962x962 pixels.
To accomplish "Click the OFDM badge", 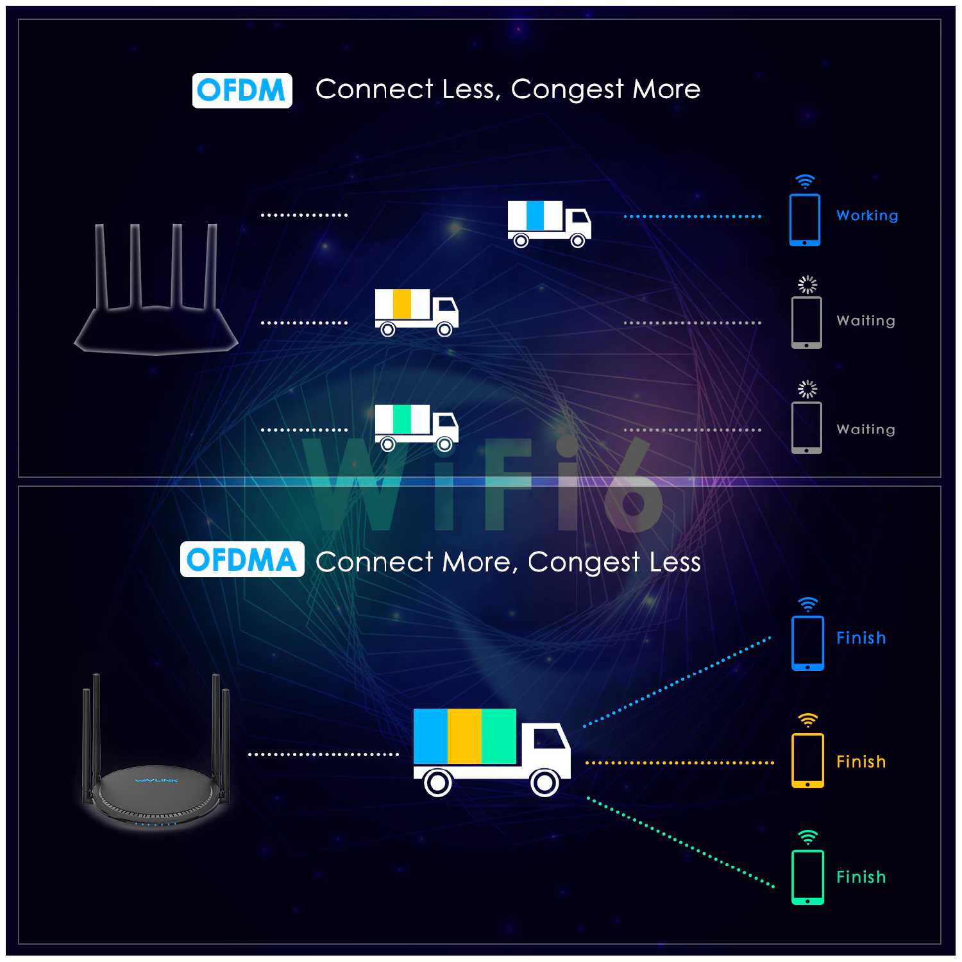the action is (242, 90).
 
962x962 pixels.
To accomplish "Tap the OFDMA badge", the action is (242, 560).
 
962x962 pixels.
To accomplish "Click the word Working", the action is (867, 216).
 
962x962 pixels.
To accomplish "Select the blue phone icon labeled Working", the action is (804, 220).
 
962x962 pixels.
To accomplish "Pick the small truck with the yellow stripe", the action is (416, 312).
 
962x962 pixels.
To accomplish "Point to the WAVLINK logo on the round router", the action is (156, 781).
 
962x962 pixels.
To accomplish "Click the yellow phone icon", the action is (807, 761).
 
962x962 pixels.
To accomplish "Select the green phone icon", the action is (807, 877).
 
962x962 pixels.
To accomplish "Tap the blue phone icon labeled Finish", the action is (807, 643).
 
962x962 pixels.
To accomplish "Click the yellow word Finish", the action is (861, 761).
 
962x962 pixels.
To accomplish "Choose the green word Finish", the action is (861, 877).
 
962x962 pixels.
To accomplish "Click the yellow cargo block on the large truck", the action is (464, 736).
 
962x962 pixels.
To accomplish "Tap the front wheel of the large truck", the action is (544, 782).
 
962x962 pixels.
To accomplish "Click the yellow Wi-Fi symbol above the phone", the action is (807, 720).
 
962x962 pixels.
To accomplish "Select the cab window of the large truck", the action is (549, 739).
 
